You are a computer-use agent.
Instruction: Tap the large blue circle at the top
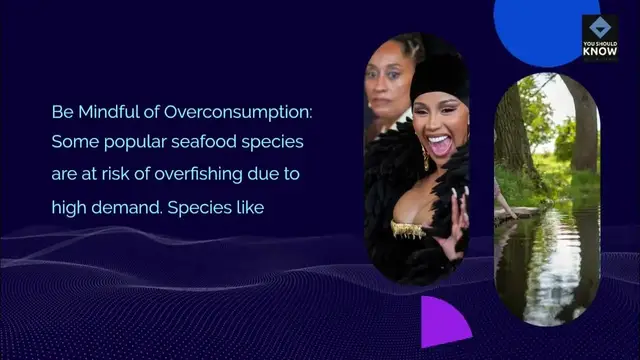[x=545, y=25]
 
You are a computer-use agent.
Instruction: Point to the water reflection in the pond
[x=545, y=265]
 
